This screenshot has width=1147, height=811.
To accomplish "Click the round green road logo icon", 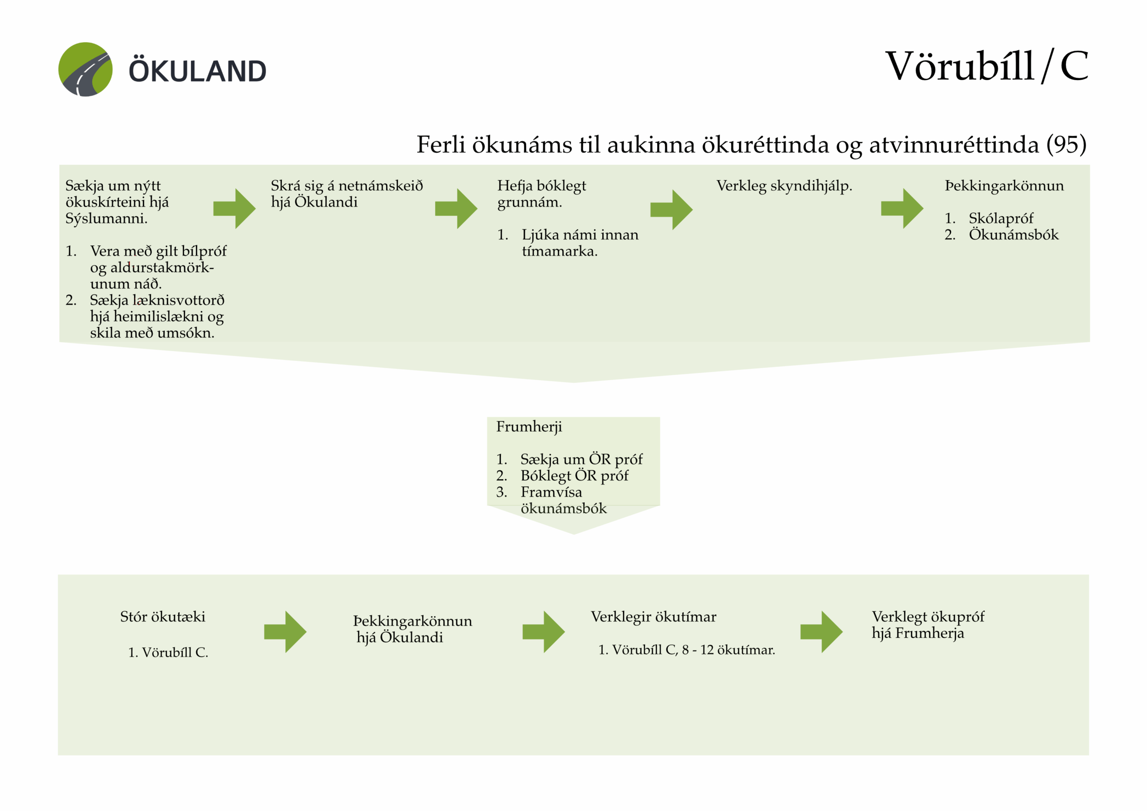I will [x=86, y=69].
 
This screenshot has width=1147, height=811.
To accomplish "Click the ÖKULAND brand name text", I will [x=198, y=71].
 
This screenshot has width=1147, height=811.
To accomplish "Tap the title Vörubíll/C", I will [x=986, y=66].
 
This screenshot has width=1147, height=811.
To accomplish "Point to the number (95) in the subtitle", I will [x=1066, y=145].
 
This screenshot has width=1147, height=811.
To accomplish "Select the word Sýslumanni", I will [x=106, y=219].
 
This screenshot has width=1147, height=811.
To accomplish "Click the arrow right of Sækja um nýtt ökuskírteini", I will [x=234, y=209].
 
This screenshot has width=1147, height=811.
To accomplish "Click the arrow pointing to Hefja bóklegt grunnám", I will [x=456, y=209].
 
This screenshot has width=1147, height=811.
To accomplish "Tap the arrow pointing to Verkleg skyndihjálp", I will [x=672, y=210].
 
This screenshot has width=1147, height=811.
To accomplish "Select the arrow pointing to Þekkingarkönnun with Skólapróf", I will [x=902, y=209].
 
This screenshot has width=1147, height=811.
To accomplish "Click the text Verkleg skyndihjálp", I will [x=784, y=186].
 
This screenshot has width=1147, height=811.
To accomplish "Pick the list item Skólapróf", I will [x=1000, y=219].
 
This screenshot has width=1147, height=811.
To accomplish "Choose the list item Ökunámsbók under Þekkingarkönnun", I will [x=1013, y=235].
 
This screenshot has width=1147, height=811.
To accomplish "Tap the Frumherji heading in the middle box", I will [x=529, y=427].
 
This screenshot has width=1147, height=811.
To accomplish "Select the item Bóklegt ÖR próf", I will [x=574, y=476].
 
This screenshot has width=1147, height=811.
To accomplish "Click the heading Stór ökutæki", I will [x=163, y=617].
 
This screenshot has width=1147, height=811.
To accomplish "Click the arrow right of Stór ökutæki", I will [x=285, y=632].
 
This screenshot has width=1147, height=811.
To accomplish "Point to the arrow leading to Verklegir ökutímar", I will [x=543, y=632].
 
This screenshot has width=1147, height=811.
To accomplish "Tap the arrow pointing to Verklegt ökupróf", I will [x=821, y=632].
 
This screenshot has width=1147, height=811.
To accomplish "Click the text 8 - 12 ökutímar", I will [x=729, y=650].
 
